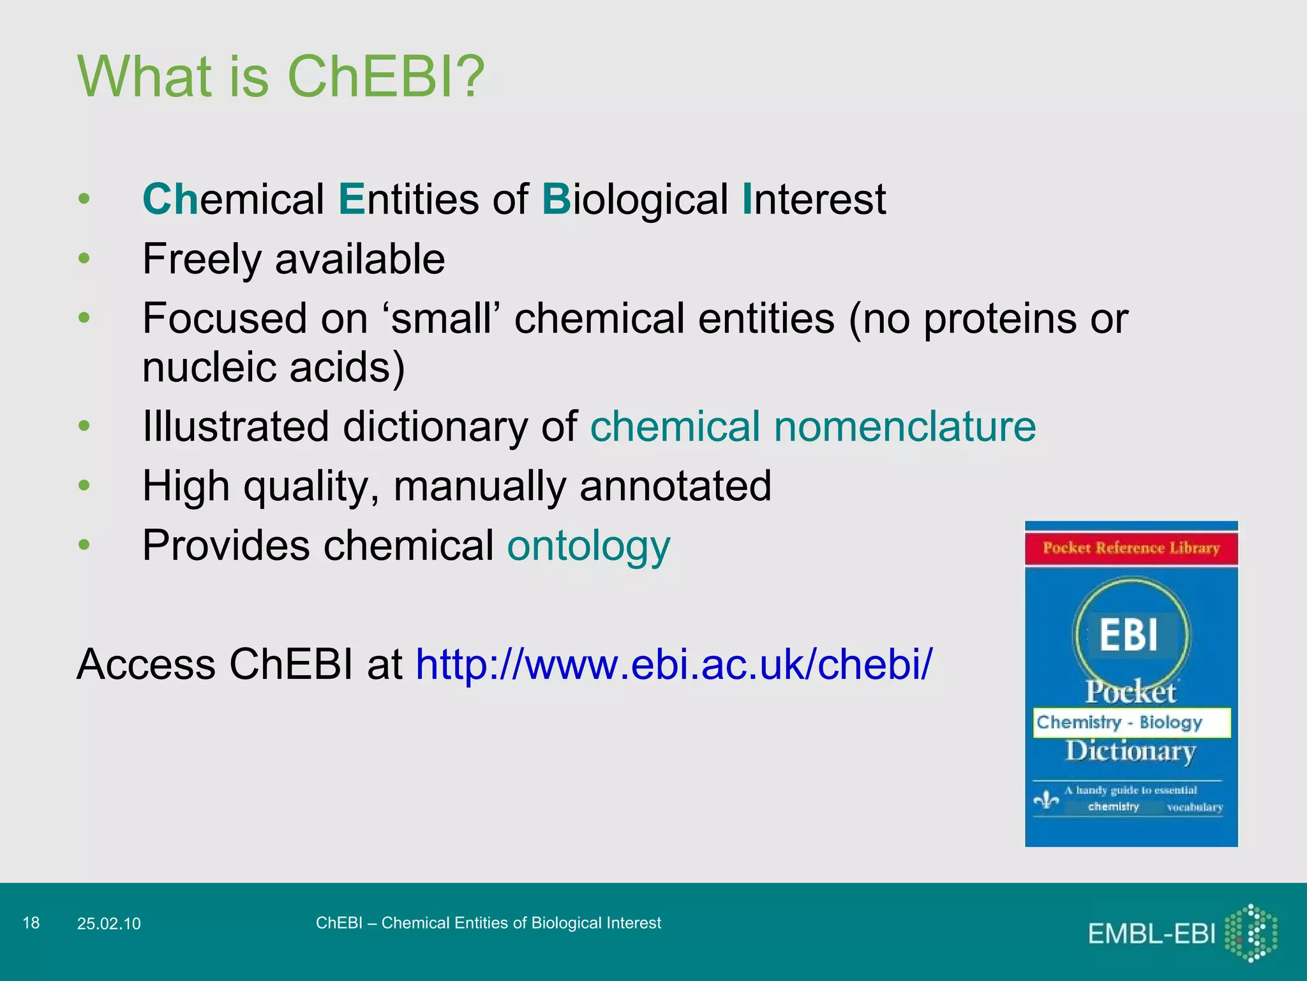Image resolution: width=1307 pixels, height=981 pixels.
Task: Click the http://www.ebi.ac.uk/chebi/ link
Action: [674, 664]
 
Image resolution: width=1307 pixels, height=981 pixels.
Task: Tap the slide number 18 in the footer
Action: [31, 923]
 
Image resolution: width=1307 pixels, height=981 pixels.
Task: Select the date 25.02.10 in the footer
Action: [108, 924]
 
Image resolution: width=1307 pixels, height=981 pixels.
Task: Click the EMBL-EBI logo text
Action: [1151, 934]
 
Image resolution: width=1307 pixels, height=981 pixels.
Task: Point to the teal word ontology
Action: [588, 547]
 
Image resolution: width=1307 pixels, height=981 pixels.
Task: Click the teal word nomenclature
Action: [904, 427]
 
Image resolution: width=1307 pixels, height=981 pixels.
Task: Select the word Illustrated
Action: [235, 427]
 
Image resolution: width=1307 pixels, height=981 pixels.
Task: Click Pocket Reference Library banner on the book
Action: [1131, 548]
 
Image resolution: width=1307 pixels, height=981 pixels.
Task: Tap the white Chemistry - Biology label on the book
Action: [1131, 722]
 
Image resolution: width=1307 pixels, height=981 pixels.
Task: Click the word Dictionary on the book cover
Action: [1130, 751]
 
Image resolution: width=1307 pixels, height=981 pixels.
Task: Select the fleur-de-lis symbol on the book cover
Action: [1046, 800]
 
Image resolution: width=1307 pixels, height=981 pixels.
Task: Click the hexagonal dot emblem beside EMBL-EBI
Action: [1251, 933]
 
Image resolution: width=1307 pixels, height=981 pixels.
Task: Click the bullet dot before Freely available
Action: [84, 259]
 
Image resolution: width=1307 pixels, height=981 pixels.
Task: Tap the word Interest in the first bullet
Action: [814, 200]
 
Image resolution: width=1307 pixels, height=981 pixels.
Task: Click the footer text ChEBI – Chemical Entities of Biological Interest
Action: [488, 923]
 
